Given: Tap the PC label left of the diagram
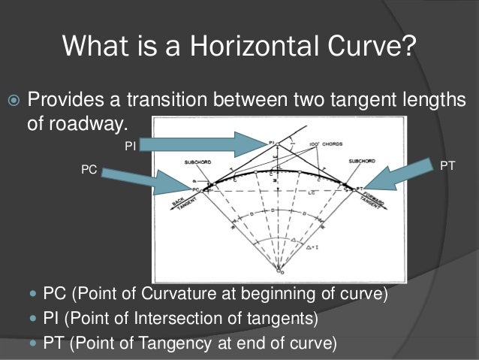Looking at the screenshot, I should [x=89, y=171].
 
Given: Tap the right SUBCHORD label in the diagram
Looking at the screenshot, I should [x=362, y=160].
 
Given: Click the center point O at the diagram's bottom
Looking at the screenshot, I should [x=279, y=268].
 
